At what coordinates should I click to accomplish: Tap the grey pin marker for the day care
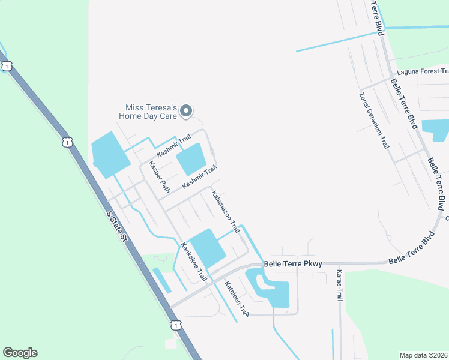coord(187,110)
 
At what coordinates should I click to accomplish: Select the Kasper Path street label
coord(160,176)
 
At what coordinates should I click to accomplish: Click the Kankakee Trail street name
coord(194,262)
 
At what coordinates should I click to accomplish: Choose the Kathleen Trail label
coord(237,298)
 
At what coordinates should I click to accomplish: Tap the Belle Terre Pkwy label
coord(293,264)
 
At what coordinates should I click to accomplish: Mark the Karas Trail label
coord(339,285)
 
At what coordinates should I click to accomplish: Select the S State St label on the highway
coord(117,226)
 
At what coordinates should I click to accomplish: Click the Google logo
coord(20,353)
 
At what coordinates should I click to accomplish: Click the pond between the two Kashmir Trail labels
coord(191,159)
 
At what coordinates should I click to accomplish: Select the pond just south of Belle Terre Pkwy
coord(274,292)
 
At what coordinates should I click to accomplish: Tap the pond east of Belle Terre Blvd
coord(436,129)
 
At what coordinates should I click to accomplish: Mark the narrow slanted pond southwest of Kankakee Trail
coord(161,280)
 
